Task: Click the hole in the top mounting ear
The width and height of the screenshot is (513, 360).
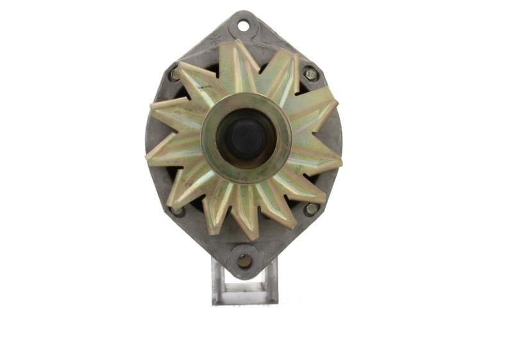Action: pyautogui.click(x=243, y=26)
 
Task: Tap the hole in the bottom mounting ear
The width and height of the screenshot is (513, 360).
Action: pyautogui.click(x=244, y=261)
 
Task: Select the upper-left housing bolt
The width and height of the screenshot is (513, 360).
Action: pyautogui.click(x=175, y=75)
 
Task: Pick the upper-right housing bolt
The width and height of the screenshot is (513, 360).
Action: pyautogui.click(x=311, y=74)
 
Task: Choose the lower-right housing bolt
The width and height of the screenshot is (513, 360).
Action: pyautogui.click(x=311, y=209)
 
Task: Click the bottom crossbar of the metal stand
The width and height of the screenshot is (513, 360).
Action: pyautogui.click(x=245, y=298)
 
